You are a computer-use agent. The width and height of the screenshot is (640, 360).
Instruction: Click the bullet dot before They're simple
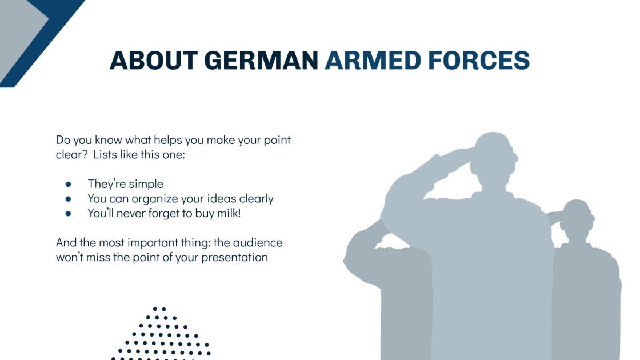[68, 185]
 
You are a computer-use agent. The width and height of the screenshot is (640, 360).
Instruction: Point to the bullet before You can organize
[68, 199]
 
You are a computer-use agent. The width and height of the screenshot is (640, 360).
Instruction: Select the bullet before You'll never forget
[68, 214]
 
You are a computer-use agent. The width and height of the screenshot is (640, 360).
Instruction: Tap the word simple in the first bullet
[146, 184]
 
